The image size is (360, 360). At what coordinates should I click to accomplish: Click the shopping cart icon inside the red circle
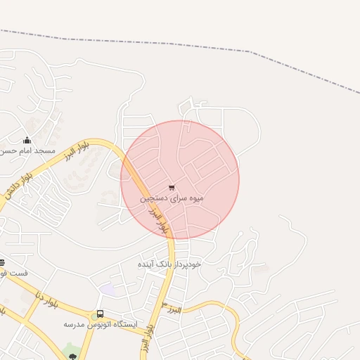[172, 188]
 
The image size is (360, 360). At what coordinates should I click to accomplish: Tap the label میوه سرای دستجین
[172, 199]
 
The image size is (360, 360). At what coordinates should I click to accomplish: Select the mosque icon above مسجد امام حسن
[27, 140]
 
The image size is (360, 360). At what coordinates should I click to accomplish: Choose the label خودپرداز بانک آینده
[169, 264]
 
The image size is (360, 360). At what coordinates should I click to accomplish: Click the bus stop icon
[101, 314]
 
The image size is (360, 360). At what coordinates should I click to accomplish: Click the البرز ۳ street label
[172, 309]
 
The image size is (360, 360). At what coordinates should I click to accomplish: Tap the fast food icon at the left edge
[2, 262]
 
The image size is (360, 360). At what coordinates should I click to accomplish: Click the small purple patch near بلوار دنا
[107, 289]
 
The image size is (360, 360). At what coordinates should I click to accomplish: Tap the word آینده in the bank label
[150, 264]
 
